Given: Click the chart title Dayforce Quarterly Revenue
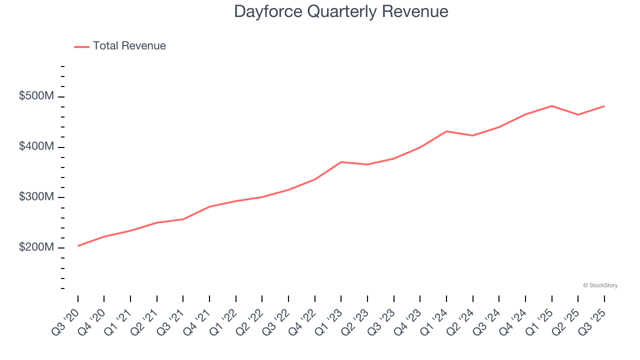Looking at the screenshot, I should pyautogui.click(x=341, y=11).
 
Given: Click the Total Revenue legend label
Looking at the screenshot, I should pyautogui.click(x=129, y=46).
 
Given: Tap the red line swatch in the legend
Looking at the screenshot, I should pyautogui.click(x=81, y=46).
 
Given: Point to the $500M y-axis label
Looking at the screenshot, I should pyautogui.click(x=36, y=96).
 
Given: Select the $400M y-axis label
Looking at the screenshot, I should pyautogui.click(x=36, y=147).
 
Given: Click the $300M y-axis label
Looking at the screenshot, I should pyautogui.click(x=36, y=197).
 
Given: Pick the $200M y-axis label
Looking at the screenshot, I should pyautogui.click(x=36, y=248).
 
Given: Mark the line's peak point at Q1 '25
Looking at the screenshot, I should pyautogui.click(x=551, y=106).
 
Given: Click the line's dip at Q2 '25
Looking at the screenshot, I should pyautogui.click(x=578, y=114).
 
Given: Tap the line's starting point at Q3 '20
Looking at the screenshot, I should pyautogui.click(x=78, y=246).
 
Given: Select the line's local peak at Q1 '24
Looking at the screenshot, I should pyautogui.click(x=446, y=131).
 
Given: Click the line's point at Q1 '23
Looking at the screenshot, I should pyautogui.click(x=341, y=162).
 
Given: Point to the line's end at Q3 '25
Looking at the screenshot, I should pyautogui.click(x=604, y=106).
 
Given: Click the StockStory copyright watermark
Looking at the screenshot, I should pyautogui.click(x=600, y=285).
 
